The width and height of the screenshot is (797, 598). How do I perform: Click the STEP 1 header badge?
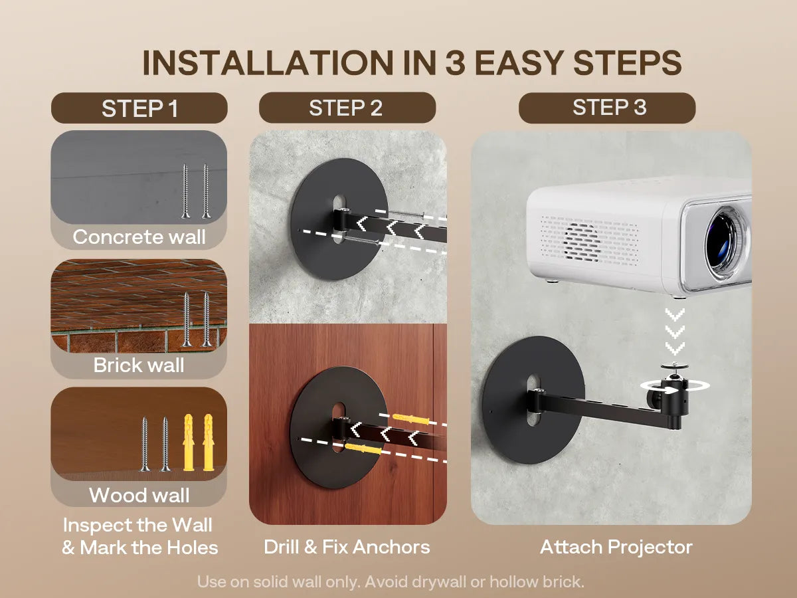pos(139,108)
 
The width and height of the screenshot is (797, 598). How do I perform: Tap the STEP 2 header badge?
pos(347,108)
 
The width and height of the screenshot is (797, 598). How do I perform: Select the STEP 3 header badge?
pos(607,108)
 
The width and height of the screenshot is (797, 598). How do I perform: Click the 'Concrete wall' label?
pos(139,237)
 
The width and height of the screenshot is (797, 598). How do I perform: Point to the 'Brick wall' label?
pos(139,365)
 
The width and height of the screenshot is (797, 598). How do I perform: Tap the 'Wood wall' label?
pos(139,495)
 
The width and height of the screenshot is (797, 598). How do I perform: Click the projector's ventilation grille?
pos(589,241)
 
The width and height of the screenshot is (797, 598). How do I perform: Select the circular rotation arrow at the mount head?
pos(675,386)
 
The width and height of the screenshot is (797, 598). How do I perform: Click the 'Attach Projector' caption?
pos(616,547)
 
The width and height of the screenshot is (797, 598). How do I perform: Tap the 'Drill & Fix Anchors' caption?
pos(347,547)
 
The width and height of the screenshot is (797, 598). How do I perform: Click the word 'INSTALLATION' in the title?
pos(268,62)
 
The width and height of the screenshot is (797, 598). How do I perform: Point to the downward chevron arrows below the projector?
pos(675,332)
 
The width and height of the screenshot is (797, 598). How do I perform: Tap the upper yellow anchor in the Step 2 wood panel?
pos(411,420)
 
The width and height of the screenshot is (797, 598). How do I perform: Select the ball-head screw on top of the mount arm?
pos(675,370)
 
